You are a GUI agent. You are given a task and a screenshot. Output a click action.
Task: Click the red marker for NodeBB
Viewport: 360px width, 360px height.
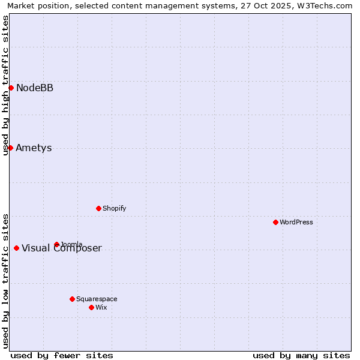pos(11,88)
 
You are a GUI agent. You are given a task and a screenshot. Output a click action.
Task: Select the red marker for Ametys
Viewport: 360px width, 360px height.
pos(10,148)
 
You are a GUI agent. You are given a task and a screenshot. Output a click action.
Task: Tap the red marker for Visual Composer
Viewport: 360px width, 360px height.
pos(16,248)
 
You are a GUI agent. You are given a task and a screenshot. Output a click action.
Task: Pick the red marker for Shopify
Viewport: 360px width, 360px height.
pos(98,208)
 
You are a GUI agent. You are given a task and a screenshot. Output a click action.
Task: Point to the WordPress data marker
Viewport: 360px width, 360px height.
pos(275,222)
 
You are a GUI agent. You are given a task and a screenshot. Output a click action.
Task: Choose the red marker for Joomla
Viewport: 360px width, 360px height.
pos(56,244)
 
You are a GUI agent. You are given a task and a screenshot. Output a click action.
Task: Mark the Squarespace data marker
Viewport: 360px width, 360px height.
pos(72,299)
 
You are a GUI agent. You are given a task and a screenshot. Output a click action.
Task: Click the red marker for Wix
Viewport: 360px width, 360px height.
pos(91,307)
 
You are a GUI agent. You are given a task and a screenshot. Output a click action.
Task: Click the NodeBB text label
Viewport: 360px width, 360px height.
pos(35,88)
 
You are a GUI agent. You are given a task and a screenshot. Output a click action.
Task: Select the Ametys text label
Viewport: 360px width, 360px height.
pos(34,148)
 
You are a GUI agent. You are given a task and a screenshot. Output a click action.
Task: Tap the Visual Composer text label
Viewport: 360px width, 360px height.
pos(62,248)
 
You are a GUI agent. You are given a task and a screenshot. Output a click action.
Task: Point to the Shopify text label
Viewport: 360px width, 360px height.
pos(115,209)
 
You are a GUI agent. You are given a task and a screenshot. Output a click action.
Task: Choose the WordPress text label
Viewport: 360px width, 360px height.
pos(296,223)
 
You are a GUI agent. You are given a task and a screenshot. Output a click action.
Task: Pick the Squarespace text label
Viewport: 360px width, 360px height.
pos(97,299)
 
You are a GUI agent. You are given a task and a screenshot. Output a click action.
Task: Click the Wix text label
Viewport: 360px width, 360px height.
pos(101,308)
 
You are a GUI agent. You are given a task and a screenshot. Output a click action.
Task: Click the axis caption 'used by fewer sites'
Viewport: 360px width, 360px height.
pos(62,355)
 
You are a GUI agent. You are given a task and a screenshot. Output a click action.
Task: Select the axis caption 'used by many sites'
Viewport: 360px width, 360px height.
pos(301,355)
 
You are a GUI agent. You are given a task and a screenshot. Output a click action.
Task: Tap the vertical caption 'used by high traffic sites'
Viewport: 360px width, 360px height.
pos(6,85)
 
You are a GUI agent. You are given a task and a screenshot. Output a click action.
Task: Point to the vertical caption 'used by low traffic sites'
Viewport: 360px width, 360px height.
pos(6,280)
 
